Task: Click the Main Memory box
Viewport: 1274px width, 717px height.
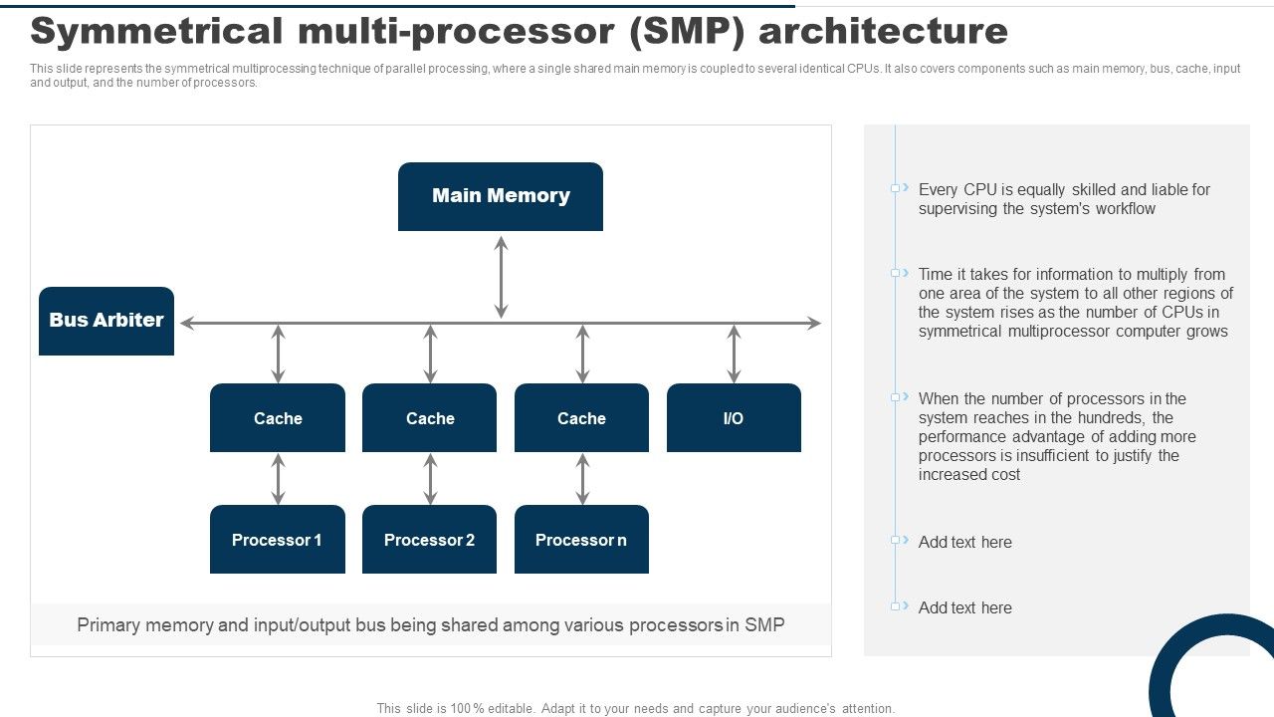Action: pos(500,196)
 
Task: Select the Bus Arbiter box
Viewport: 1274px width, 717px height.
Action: pos(106,321)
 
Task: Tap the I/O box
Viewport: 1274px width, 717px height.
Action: pos(734,418)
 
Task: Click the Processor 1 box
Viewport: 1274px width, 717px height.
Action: pos(277,540)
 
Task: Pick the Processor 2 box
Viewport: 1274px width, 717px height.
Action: pos(429,540)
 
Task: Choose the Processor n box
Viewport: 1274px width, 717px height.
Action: pos(581,540)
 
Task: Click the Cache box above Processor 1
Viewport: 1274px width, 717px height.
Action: pos(278,418)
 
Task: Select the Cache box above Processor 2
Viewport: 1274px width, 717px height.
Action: pos(429,418)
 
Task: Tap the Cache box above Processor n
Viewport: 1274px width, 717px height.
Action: pos(581,418)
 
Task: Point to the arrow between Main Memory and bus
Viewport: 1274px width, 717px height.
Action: pos(502,277)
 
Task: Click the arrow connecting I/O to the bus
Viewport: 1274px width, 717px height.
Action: pos(734,354)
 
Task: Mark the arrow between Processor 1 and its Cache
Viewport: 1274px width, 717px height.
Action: pos(278,479)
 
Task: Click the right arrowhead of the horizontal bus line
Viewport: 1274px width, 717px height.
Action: pos(813,323)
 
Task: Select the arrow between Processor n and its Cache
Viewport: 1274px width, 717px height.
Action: pos(582,479)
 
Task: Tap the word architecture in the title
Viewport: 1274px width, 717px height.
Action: pos(883,32)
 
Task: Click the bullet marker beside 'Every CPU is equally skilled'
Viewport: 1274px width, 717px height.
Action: pos(896,188)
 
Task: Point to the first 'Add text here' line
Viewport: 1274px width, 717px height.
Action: pos(964,542)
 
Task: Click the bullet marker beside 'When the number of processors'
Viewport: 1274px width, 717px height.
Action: pos(896,397)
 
